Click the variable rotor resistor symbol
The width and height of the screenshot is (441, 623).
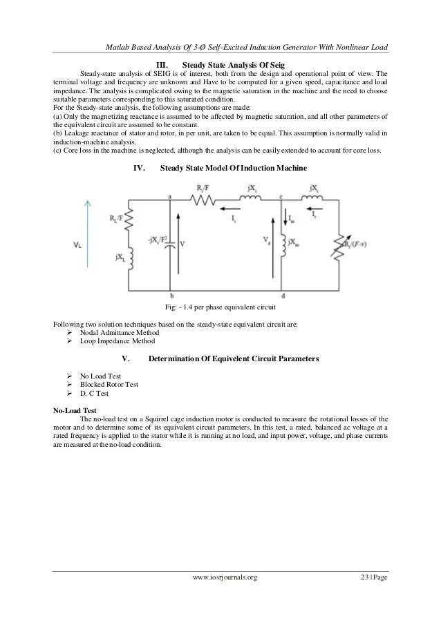tap(339, 244)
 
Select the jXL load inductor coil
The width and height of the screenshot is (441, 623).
tap(131, 257)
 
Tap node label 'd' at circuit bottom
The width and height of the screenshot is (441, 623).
tap(283, 296)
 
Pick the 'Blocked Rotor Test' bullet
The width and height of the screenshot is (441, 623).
tap(109, 384)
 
